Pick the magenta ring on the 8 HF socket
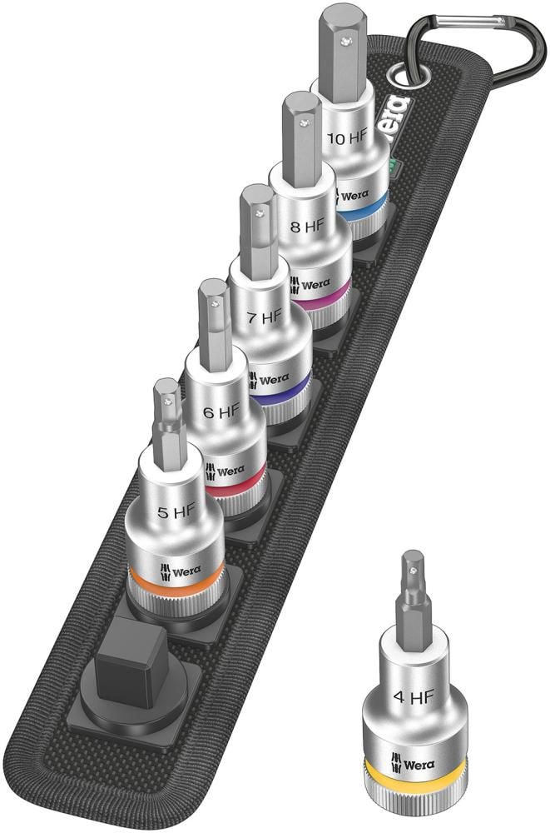pos(320,299)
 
